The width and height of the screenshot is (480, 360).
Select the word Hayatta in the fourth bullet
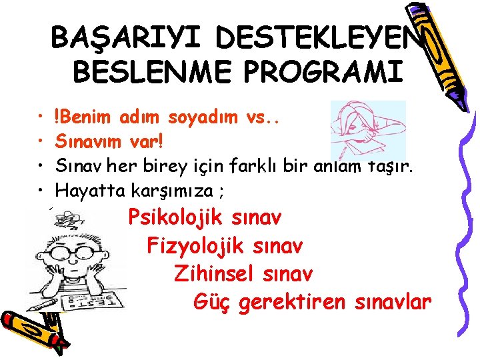point(84,191)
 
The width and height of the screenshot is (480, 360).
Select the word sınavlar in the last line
point(394,302)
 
